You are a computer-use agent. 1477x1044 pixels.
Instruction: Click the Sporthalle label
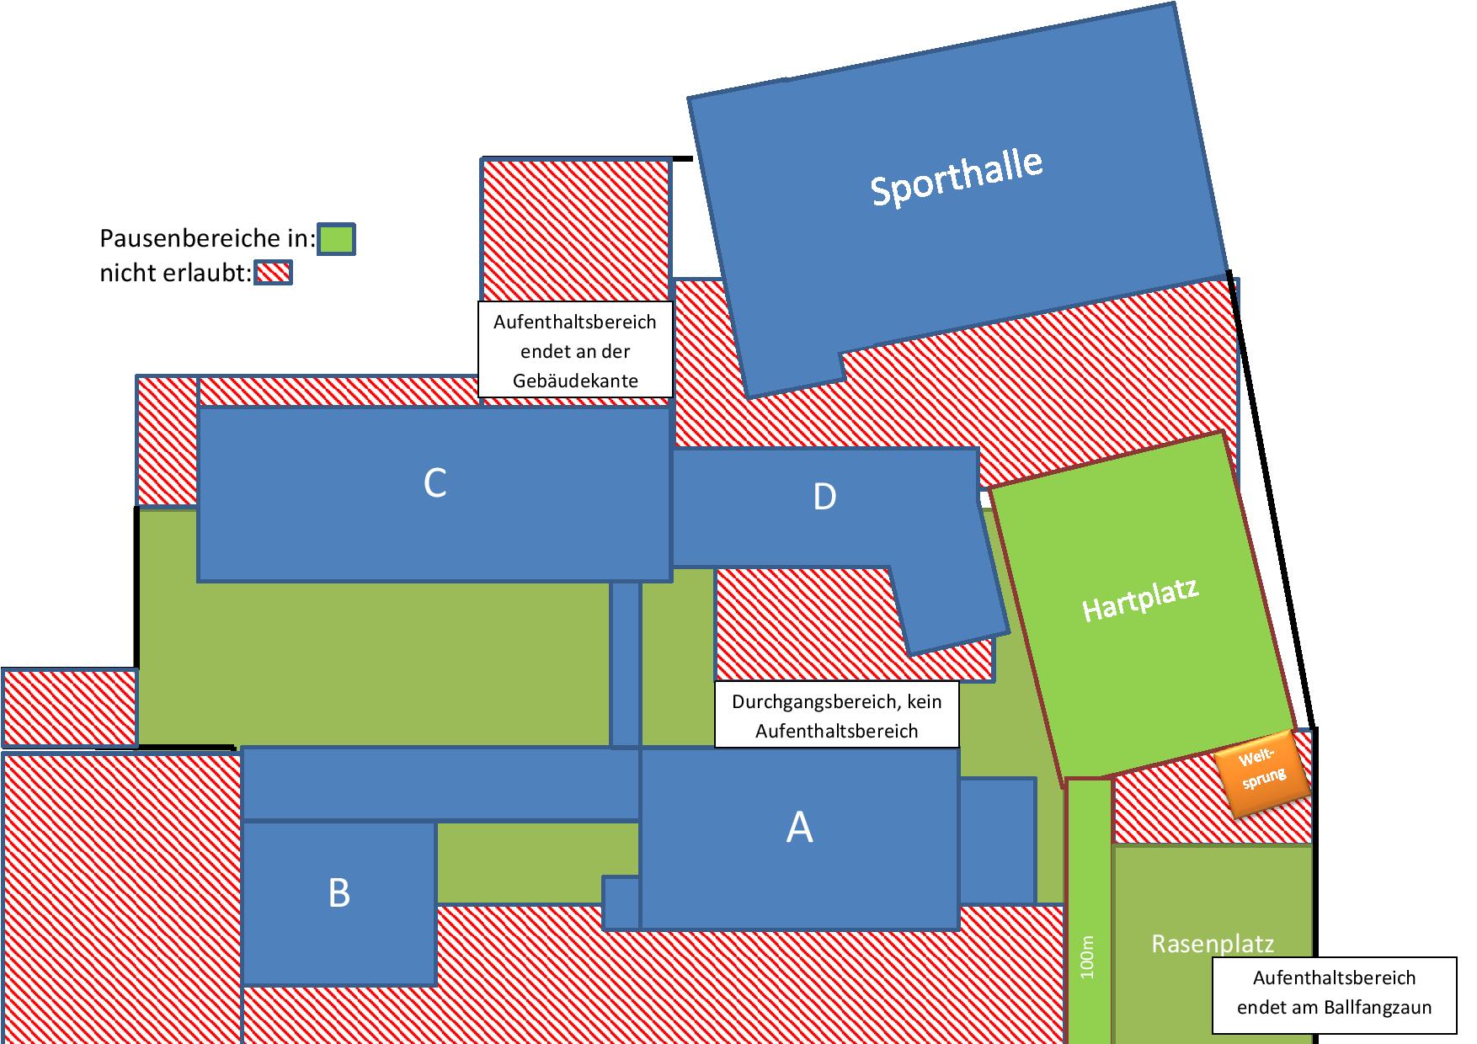957,178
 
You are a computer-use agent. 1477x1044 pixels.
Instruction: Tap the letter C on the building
435,483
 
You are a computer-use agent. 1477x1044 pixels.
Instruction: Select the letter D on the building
824,497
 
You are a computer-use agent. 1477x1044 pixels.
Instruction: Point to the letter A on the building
799,827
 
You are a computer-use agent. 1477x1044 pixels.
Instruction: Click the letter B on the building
339,892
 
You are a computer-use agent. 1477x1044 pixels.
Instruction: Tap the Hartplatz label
1139,599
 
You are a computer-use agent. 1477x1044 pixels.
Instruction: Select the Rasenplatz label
1213,944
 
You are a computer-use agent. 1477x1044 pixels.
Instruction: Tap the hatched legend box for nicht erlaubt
273,273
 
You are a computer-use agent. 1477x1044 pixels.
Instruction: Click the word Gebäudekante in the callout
575,381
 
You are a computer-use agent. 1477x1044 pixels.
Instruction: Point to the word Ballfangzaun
1377,1007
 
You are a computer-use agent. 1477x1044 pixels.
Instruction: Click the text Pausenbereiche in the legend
197,239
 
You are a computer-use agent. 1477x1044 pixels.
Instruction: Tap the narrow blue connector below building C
625,663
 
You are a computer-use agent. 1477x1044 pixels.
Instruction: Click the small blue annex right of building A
997,841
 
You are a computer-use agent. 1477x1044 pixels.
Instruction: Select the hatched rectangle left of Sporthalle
576,229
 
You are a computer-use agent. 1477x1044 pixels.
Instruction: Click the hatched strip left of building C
167,441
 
